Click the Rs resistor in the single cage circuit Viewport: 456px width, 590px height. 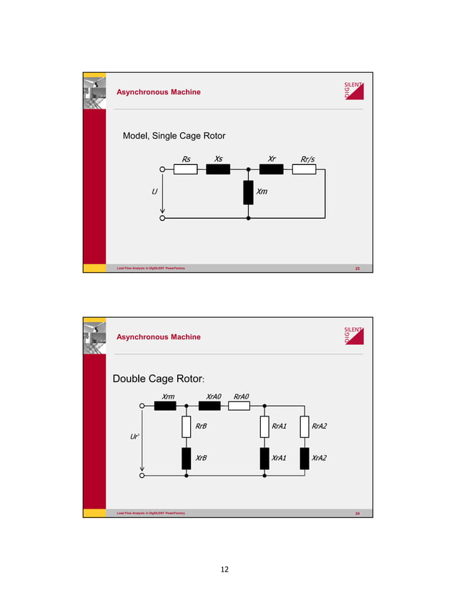(186, 170)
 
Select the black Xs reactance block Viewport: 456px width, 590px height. (218, 170)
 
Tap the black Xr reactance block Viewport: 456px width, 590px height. (272, 170)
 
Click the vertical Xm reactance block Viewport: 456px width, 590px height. (248, 192)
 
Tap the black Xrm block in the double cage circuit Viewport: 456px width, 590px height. (165, 406)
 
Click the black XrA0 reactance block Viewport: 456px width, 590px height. (209, 406)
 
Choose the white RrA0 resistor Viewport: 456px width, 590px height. (239, 406)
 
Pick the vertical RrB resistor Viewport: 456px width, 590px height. (186, 427)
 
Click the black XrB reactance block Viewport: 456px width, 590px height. (186, 458)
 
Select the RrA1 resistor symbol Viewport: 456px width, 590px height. (264, 427)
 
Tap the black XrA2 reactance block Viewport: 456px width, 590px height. (304, 458)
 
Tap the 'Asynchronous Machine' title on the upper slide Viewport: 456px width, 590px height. (159, 92)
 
